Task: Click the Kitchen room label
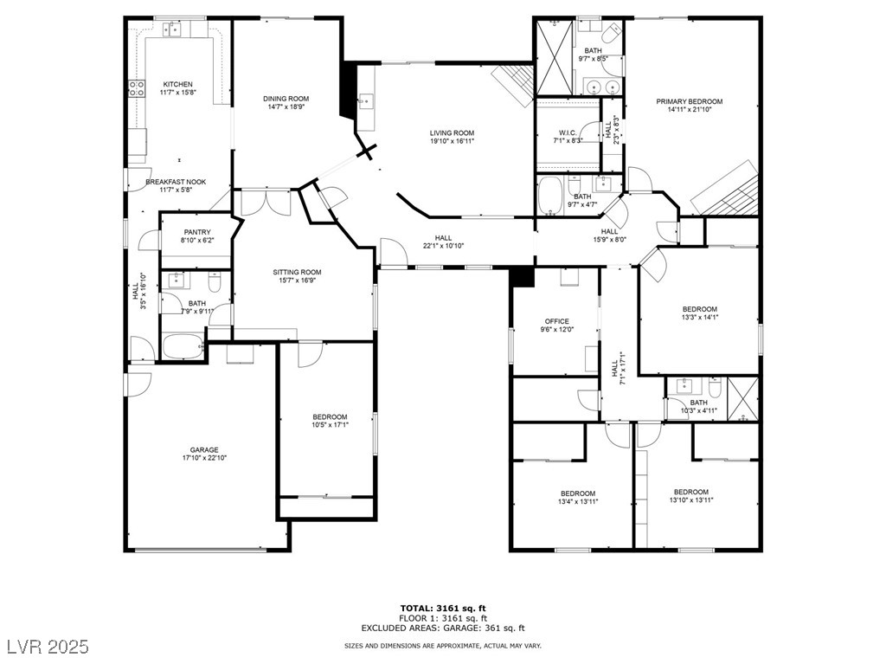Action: coord(177,84)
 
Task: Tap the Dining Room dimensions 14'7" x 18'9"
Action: coord(286,106)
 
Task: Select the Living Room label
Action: coord(452,133)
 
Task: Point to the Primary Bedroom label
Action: coord(690,102)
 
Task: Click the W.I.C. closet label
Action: coord(568,133)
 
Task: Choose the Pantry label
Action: coord(197,233)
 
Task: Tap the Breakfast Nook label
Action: coord(176,182)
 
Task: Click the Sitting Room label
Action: coord(298,272)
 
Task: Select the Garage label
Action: coord(204,450)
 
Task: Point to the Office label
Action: coord(556,321)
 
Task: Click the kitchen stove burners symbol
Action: coord(137,87)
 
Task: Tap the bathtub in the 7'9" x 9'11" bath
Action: coord(183,346)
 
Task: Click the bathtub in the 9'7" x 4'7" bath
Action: coord(549,196)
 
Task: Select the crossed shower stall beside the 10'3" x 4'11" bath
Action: coord(742,399)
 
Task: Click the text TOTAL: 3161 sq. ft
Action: coord(443,609)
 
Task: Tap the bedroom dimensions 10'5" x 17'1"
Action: coord(330,425)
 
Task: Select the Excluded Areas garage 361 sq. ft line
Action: coord(443,628)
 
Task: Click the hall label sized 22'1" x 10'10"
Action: coord(444,246)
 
